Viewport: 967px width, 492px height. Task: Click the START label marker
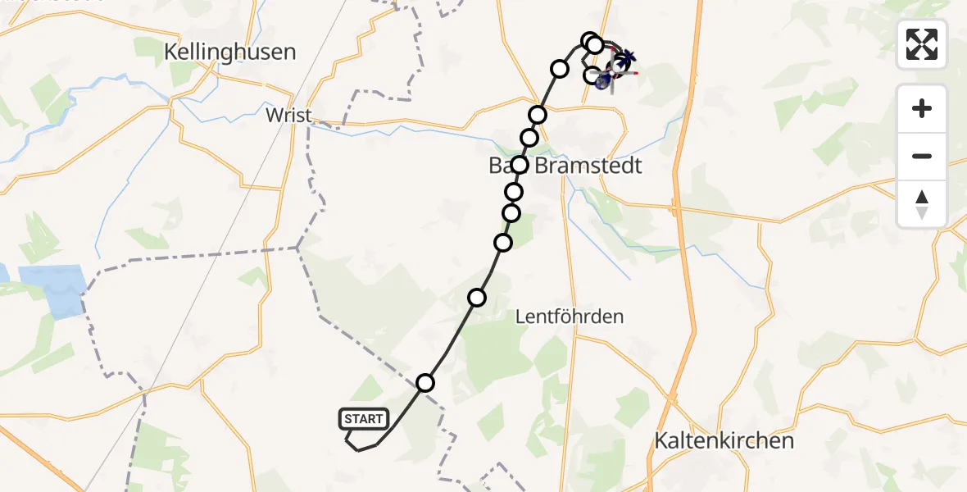point(363,419)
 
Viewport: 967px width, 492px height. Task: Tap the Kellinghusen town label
point(229,52)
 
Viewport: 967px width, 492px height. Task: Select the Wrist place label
point(288,116)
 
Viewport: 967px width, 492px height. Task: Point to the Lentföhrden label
point(570,316)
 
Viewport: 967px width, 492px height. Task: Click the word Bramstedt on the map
point(588,166)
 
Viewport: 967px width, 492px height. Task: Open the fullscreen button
point(922,44)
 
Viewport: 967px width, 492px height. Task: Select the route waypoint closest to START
point(425,382)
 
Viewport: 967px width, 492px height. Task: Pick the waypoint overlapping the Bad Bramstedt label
point(519,165)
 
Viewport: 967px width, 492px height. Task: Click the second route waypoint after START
point(477,297)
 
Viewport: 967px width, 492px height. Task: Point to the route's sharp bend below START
point(357,449)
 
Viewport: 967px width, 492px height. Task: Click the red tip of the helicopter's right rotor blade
point(635,73)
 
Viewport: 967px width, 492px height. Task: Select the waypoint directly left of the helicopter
point(591,75)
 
